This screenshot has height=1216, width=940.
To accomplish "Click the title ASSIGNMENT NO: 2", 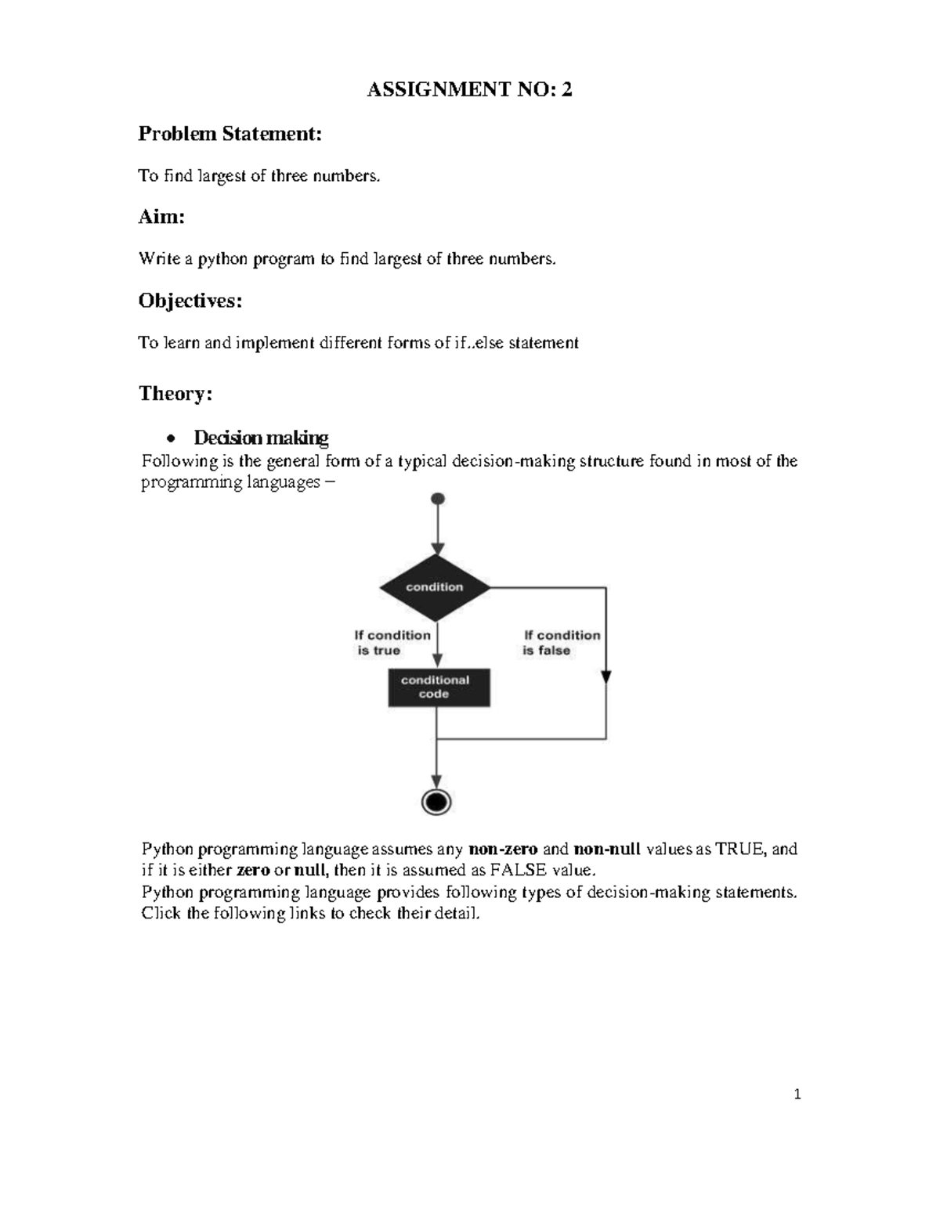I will (470, 91).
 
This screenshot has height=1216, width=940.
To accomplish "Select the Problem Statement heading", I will (230, 134).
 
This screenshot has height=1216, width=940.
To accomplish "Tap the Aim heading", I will (161, 217).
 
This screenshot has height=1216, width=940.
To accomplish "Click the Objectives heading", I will (190, 301).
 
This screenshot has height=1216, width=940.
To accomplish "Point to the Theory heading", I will (175, 393).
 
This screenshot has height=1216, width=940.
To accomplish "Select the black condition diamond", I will (435, 587).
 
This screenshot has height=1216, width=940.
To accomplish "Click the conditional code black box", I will (439, 687).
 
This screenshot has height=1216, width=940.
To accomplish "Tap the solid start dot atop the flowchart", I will (438, 499).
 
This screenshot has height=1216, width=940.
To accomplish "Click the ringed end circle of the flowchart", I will (436, 802).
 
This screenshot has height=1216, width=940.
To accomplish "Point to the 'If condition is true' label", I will (392, 643).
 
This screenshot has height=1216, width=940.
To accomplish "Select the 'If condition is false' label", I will (561, 643).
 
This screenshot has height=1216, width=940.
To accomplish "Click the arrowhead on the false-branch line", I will (606, 677).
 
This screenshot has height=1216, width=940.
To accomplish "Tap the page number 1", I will (797, 1095).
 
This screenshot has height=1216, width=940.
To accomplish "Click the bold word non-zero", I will (502, 850).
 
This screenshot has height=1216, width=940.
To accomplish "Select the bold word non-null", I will (607, 850).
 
